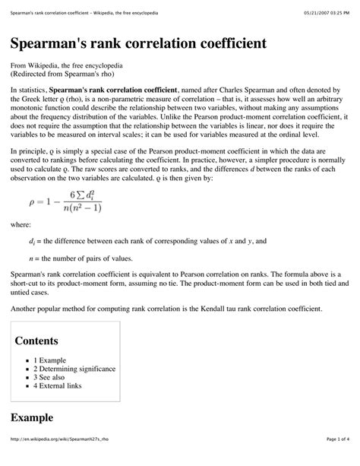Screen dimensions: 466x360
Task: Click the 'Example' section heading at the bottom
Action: point(33,417)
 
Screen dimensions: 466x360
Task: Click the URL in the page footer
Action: point(62,459)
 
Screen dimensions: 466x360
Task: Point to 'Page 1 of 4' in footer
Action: point(336,459)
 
